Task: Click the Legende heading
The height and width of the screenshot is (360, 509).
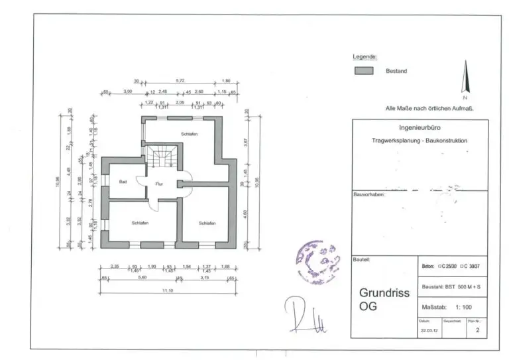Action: [365, 58]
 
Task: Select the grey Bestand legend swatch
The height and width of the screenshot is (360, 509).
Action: [364, 71]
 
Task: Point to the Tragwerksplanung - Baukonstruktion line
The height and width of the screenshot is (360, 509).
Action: [420, 141]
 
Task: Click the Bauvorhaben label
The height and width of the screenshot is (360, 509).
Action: [368, 195]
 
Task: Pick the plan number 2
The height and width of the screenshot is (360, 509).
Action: [477, 334]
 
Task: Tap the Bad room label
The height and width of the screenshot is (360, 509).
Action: [123, 181]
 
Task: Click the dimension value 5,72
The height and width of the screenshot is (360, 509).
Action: [180, 82]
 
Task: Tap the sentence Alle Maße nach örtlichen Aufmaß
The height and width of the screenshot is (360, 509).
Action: [429, 107]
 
